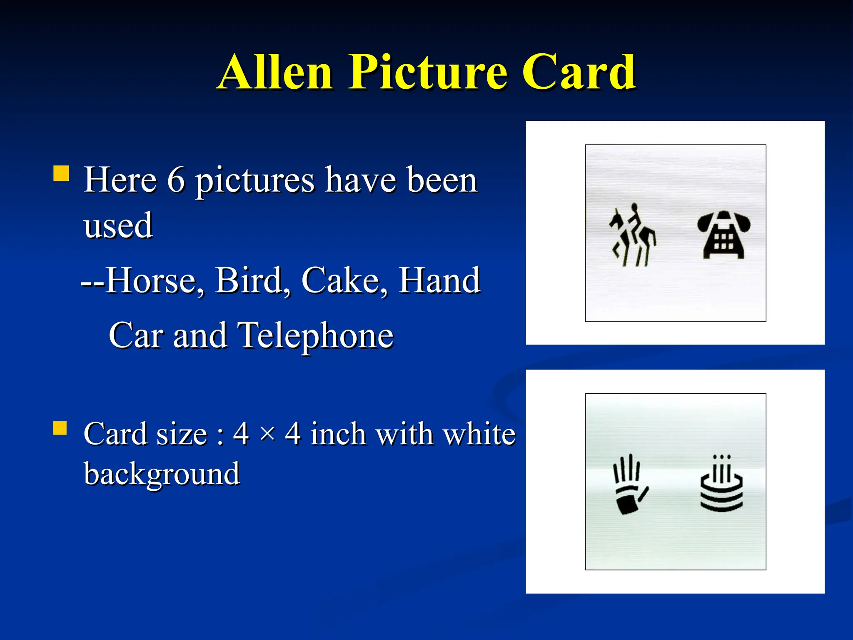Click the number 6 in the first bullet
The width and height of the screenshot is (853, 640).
coord(176,180)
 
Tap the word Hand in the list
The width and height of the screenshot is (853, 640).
coord(439,280)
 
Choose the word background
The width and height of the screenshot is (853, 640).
coord(162,474)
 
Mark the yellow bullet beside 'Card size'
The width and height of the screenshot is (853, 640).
coord(60,428)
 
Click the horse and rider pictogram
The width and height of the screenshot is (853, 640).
coord(632,235)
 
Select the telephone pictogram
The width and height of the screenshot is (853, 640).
coord(723,235)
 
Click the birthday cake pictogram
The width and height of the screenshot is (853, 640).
coord(722,483)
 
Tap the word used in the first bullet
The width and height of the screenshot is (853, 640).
coord(118,225)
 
